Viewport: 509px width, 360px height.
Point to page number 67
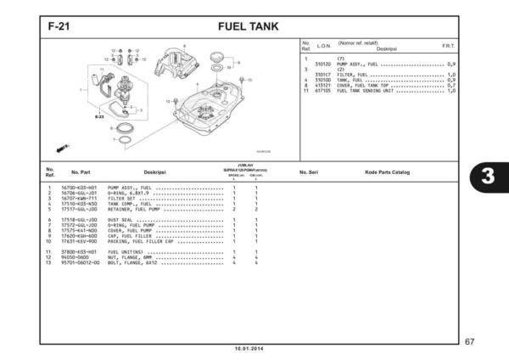pyautogui.click(x=492, y=341)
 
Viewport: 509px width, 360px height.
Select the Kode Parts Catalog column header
pyautogui.click(x=387, y=172)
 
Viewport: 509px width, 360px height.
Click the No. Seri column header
pyautogui.click(x=309, y=172)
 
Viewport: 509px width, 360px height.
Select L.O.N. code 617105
pyautogui.click(x=322, y=90)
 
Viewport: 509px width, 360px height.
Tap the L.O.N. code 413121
pyautogui.click(x=322, y=86)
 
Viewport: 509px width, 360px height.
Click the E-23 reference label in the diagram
pyautogui.click(x=100, y=115)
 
